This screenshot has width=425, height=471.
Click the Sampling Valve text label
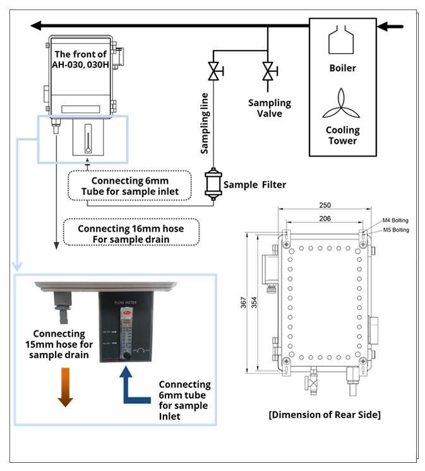[x=269, y=107]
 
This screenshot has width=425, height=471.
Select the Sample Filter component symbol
[x=213, y=185]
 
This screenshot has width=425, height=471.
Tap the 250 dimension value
[x=325, y=206]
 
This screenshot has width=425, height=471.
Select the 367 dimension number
[x=243, y=304]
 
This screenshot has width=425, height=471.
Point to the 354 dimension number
[x=253, y=304]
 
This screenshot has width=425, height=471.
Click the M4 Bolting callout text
[x=395, y=220]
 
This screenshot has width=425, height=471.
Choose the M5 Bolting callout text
[x=395, y=230]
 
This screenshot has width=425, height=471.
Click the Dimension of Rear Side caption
[x=324, y=415]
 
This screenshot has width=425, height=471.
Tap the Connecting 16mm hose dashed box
[x=132, y=233]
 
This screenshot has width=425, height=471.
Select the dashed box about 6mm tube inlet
[x=129, y=186]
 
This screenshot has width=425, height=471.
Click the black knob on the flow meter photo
[x=127, y=355]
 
